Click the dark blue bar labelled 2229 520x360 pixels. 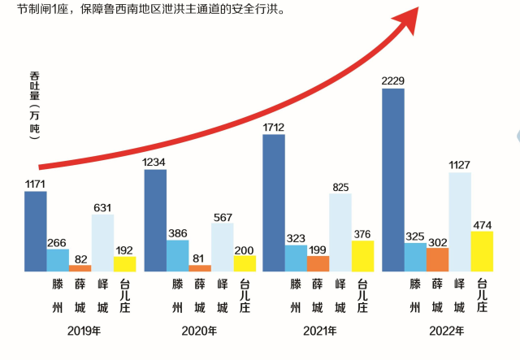click(393, 180)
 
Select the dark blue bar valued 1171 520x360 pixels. click(36, 231)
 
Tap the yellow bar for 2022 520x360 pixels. click(483, 251)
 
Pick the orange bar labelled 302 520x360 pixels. click(438, 259)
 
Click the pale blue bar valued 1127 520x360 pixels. click(460, 221)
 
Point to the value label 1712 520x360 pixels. click(274, 127)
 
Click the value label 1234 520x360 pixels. click(154, 162)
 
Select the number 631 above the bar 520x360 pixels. click(102, 207)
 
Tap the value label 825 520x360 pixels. click(340, 187)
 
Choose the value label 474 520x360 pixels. click(483, 223)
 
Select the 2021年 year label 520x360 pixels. click(318, 331)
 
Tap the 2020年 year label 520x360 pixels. click(200, 331)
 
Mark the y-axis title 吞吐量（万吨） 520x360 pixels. click(34, 105)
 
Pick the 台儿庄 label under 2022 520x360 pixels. click(483, 296)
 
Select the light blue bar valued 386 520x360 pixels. click(177, 255)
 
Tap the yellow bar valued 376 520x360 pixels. click(363, 256)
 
